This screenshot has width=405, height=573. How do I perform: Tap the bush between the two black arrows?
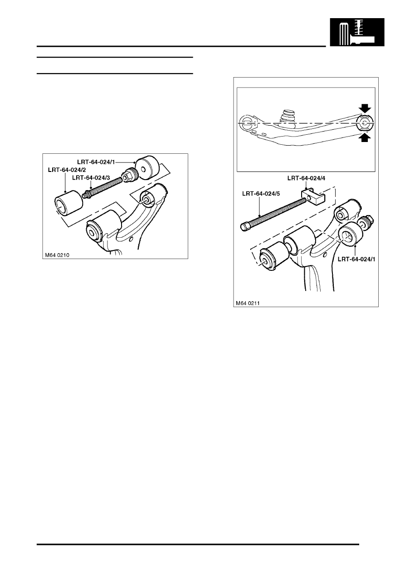(x=365, y=122)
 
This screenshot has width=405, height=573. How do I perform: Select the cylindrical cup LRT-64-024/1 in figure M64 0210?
(x=146, y=167)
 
